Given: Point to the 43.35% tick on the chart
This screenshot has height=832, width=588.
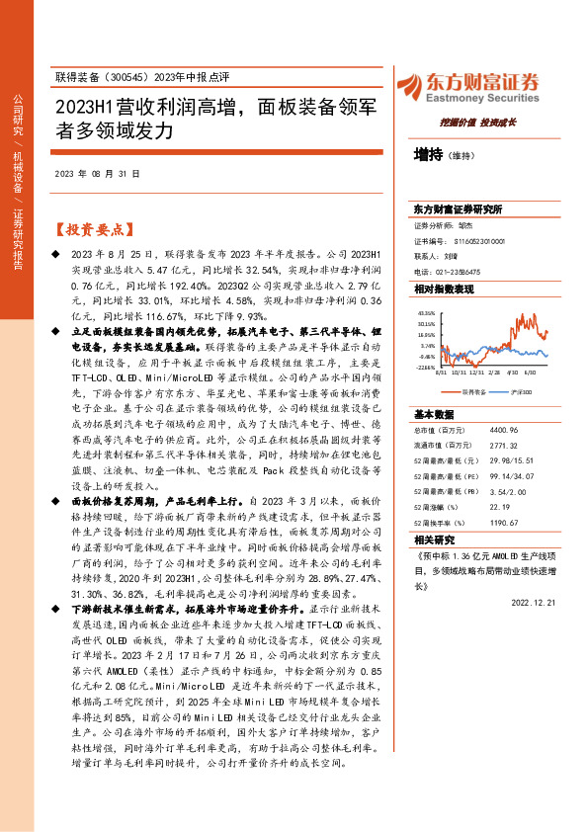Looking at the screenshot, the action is [x=426, y=312].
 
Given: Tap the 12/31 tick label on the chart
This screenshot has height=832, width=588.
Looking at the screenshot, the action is [x=477, y=374].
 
